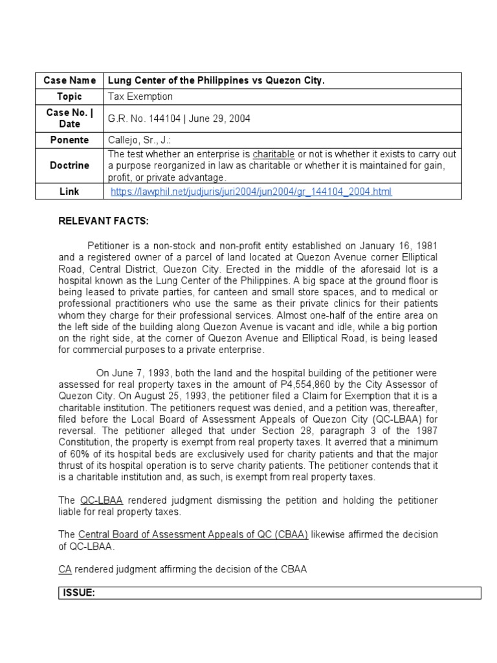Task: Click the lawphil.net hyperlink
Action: click(251, 192)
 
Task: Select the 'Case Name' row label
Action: click(70, 80)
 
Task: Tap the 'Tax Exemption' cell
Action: click(140, 96)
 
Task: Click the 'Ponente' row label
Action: click(70, 140)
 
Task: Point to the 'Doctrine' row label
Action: click(70, 165)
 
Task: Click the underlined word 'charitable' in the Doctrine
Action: click(274, 154)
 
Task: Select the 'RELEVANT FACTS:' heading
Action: click(104, 221)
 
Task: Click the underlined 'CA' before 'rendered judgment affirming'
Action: click(65, 569)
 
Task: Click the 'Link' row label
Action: click(70, 192)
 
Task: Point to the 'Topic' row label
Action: click(70, 96)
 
